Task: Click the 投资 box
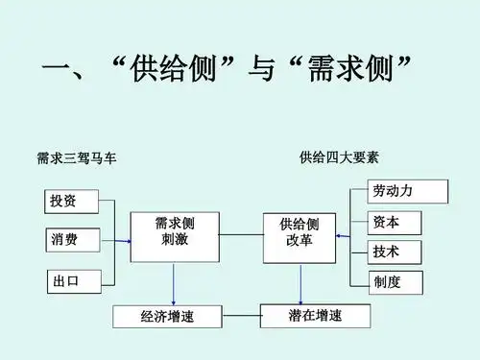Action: click(70, 202)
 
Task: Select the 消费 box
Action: click(71, 240)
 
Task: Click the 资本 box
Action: click(395, 223)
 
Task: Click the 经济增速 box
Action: click(167, 316)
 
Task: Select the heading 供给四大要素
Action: click(339, 156)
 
